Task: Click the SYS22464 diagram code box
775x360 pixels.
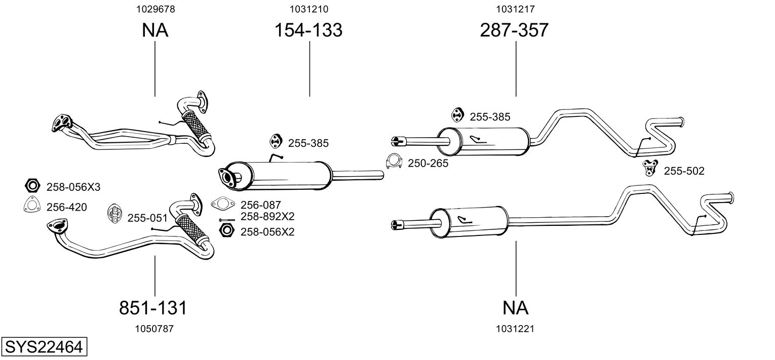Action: click(44, 347)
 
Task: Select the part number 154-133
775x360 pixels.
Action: click(308, 30)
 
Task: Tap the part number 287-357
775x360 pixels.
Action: click(514, 30)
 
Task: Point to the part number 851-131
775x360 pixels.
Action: click(153, 307)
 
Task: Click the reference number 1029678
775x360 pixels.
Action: click(154, 9)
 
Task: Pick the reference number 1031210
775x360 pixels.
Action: click(309, 9)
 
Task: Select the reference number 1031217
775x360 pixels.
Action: click(516, 9)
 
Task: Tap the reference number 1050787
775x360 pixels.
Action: click(154, 329)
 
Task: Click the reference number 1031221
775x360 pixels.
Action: click(516, 329)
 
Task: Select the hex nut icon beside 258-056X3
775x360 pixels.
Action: click(32, 186)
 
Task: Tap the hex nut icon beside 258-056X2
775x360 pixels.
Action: click(226, 231)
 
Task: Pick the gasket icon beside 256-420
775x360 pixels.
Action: click(32, 205)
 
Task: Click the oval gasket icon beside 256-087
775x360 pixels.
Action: click(223, 205)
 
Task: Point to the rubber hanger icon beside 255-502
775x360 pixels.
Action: click(650, 167)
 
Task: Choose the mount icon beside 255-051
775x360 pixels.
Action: click(114, 214)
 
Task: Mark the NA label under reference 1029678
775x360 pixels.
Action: click(154, 30)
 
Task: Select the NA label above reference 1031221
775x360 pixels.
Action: click(516, 307)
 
